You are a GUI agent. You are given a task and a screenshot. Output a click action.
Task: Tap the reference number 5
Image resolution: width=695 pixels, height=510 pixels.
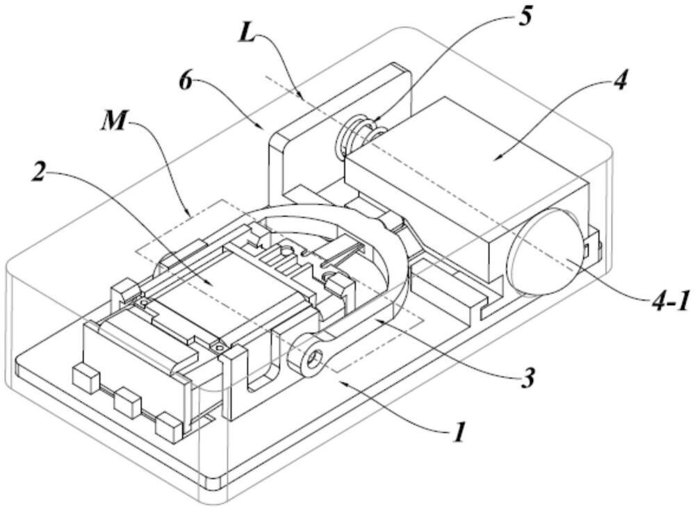point(524,14)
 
